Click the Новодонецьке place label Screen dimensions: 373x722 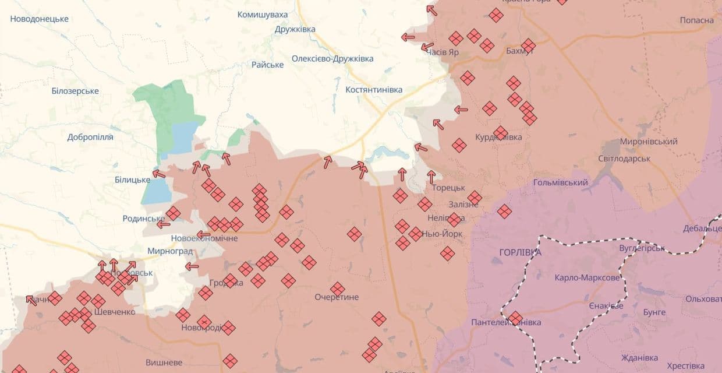(40, 19)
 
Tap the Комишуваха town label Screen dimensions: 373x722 (263, 14)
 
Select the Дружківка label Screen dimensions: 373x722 (295, 29)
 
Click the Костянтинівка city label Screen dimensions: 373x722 (374, 90)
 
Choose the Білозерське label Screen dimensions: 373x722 (75, 91)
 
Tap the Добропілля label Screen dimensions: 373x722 (90, 137)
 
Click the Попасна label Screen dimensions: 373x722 (696, 20)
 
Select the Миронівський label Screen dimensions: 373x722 (649, 142)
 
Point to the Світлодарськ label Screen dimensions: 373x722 (624, 159)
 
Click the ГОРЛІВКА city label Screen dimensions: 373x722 (520, 252)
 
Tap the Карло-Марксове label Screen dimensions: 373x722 (587, 278)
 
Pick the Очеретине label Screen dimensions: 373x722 (337, 297)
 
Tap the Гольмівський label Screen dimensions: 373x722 (561, 182)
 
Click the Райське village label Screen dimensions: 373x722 (268, 64)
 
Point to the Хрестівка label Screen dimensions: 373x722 (685, 365)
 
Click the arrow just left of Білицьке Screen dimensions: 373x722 (158, 174)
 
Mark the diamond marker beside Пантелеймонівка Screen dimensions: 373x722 (515, 318)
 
